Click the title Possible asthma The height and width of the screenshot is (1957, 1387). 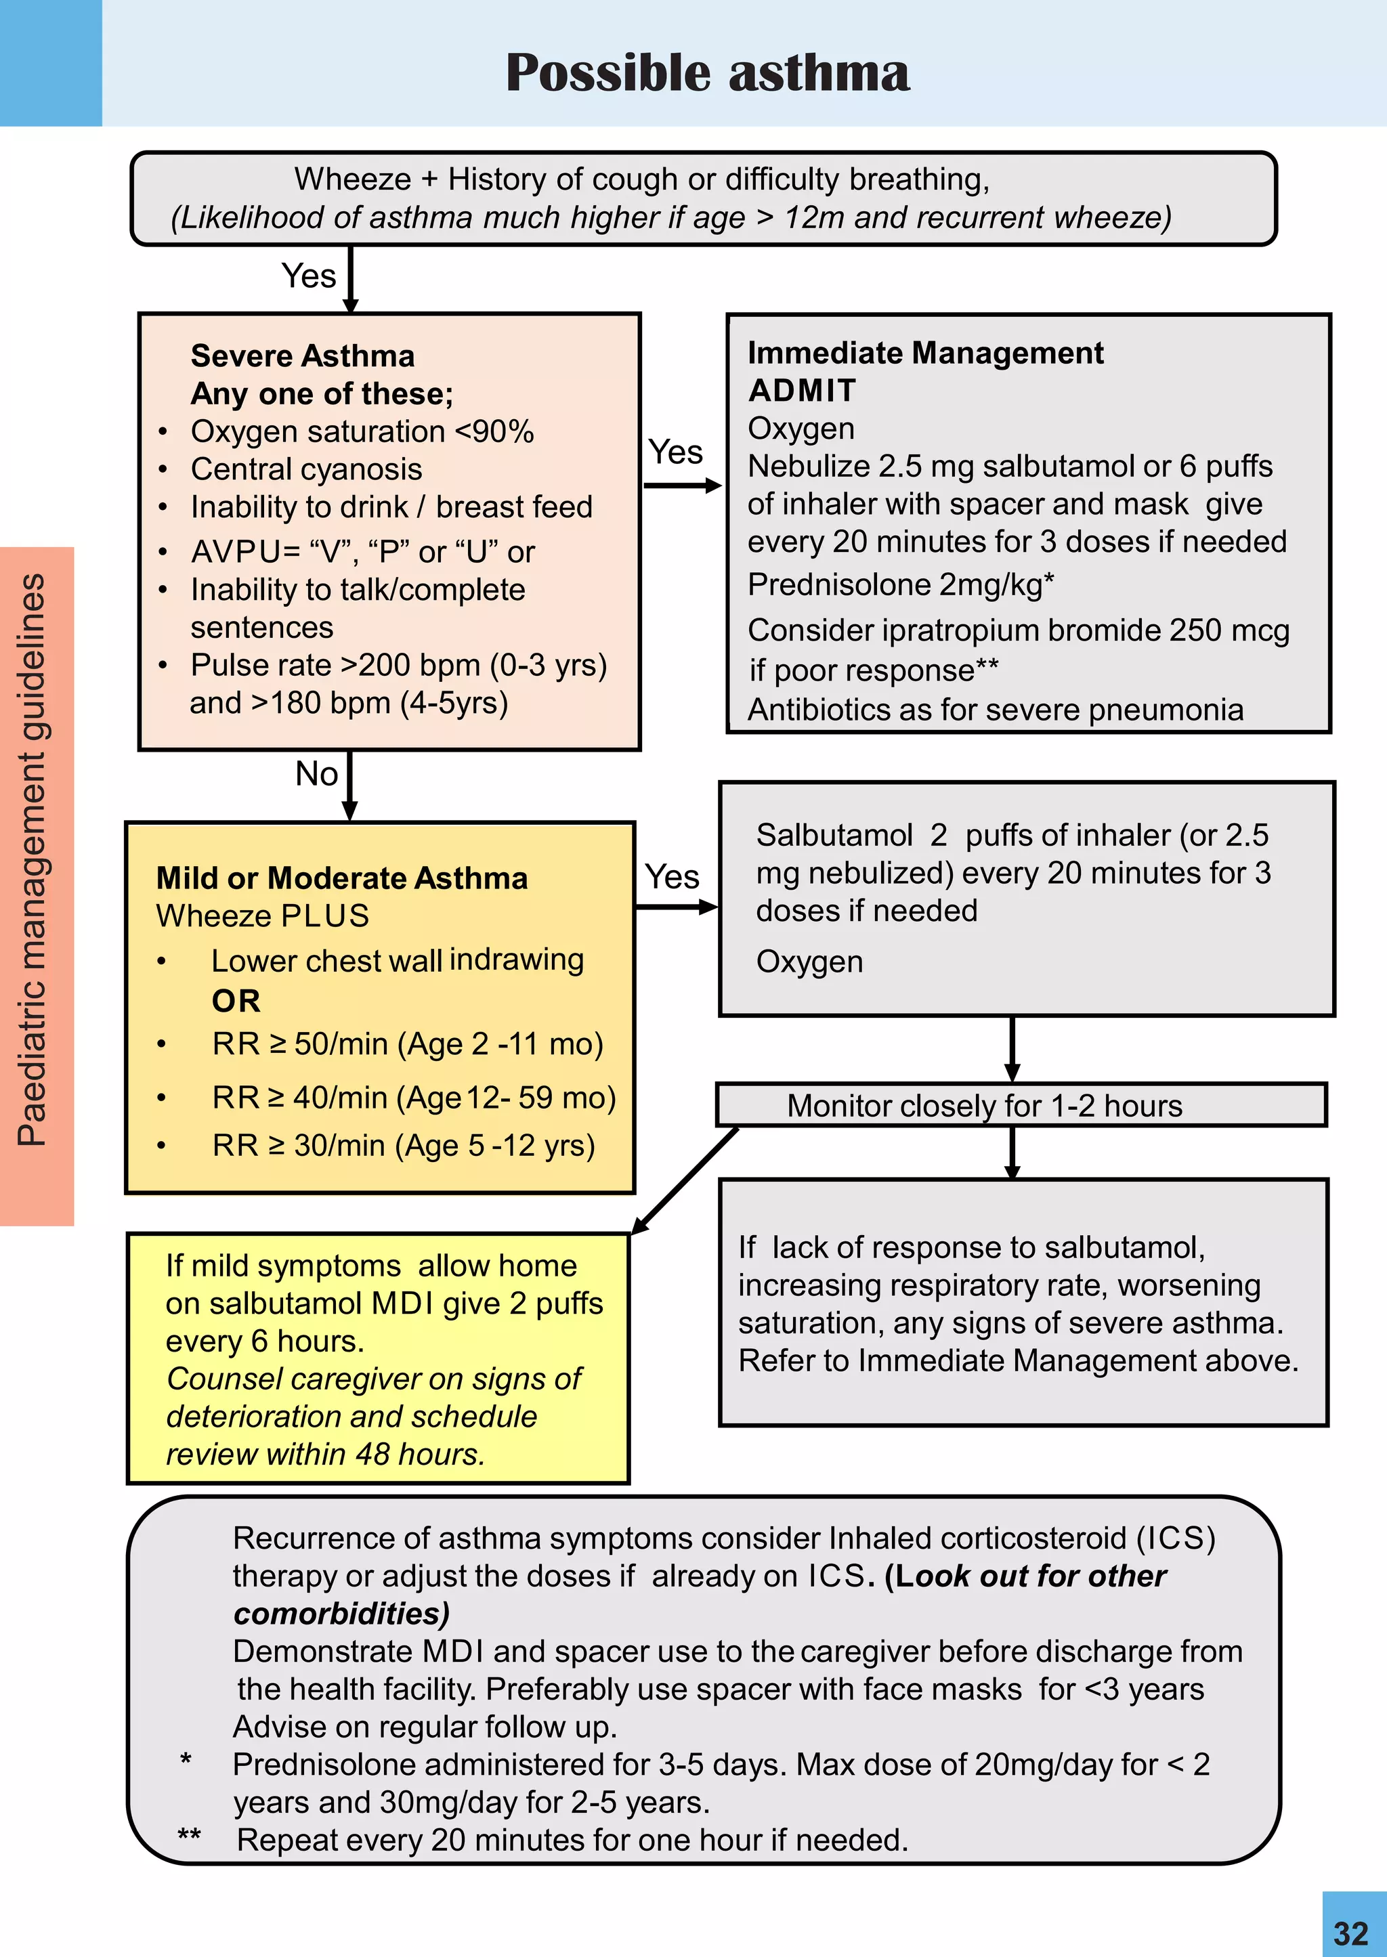click(707, 72)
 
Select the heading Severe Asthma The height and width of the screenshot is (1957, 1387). click(302, 356)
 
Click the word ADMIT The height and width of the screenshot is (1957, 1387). click(802, 390)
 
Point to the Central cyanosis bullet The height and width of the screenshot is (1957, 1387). click(305, 469)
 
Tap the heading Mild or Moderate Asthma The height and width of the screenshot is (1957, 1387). click(341, 878)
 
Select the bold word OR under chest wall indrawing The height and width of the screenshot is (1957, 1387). click(236, 1001)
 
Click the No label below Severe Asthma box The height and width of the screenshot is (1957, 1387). click(316, 773)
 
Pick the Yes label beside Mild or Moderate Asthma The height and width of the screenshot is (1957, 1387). click(672, 877)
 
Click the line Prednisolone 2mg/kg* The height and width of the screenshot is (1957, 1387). click(900, 585)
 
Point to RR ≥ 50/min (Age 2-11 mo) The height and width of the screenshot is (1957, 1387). click(408, 1044)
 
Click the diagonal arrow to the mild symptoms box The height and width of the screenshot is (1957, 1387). click(685, 1182)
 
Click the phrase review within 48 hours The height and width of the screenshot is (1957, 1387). click(324, 1454)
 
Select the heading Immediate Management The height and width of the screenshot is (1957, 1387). click(925, 353)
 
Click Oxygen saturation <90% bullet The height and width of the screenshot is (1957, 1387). click(362, 432)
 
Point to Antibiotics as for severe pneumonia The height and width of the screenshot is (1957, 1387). click(995, 710)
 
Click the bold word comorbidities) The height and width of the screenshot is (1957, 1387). click(341, 1614)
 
